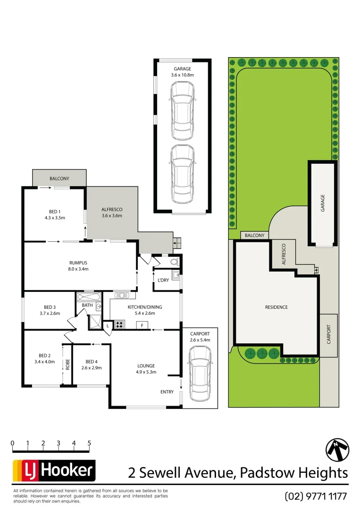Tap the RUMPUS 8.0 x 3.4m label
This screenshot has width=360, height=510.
(78, 266)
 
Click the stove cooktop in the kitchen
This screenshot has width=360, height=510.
(119, 324)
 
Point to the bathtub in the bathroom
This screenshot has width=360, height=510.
(89, 297)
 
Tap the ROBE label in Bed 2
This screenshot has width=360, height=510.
(67, 364)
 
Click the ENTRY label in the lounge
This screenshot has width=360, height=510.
(167, 392)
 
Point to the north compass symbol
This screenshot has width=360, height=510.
(337, 450)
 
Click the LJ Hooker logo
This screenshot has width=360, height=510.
(54, 470)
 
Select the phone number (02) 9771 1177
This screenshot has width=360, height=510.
(316, 496)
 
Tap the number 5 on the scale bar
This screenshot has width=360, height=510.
(89, 443)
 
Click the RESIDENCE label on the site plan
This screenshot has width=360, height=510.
(276, 307)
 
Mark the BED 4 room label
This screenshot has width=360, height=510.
(91, 365)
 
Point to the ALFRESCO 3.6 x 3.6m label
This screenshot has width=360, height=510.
(112, 212)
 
